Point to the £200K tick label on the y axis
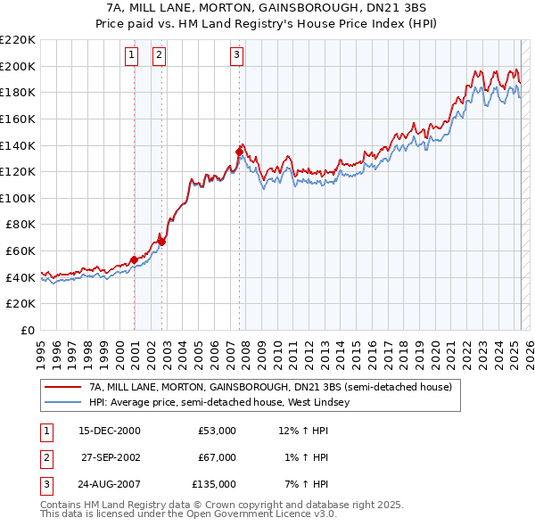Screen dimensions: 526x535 click(18, 66)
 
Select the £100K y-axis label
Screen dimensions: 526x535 click(18, 198)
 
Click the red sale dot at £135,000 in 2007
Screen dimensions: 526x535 click(239, 152)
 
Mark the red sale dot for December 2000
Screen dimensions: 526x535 click(134, 260)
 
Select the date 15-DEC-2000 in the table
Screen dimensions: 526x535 click(110, 431)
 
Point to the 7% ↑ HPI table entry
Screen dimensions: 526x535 click(304, 484)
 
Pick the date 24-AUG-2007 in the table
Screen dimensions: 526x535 click(111, 484)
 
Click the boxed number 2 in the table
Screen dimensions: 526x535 click(45, 457)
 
